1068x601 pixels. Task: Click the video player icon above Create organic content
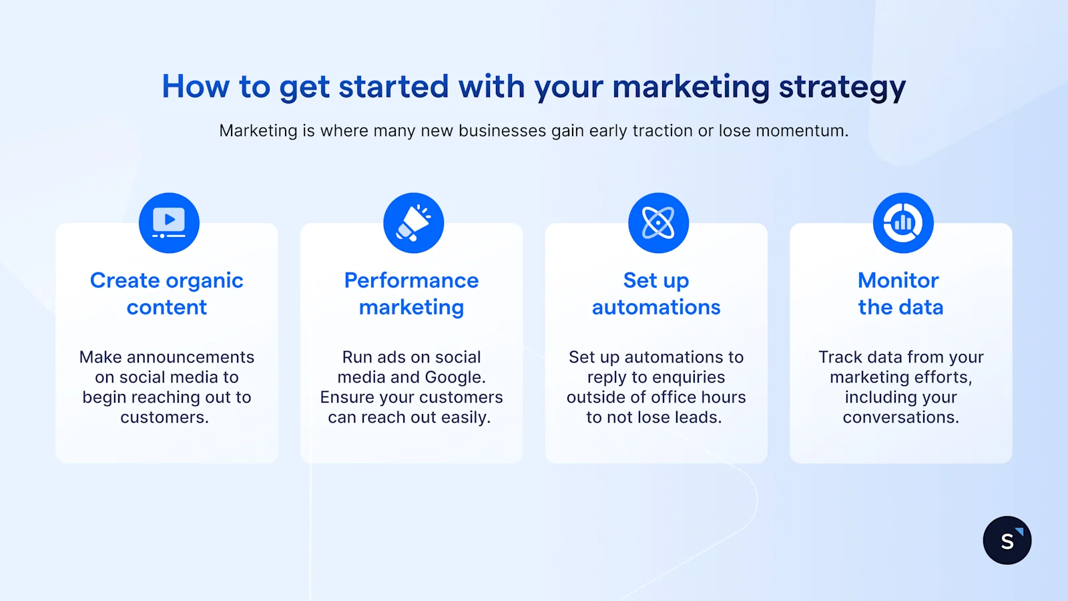tap(169, 223)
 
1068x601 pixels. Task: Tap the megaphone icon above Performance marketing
tap(414, 223)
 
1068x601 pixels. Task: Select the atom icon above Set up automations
tap(658, 223)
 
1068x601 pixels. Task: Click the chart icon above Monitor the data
tap(903, 223)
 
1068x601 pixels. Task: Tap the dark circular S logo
tap(1007, 540)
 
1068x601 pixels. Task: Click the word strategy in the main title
tap(842, 87)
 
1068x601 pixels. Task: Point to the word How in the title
tap(195, 87)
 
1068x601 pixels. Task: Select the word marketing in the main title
tap(691, 87)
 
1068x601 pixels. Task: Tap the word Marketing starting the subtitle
tap(258, 131)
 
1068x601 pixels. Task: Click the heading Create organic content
tap(167, 294)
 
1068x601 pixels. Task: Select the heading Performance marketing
tap(411, 294)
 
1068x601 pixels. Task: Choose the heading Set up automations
tap(656, 294)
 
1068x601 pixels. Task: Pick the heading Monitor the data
tap(900, 294)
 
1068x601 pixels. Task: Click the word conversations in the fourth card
tap(900, 417)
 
